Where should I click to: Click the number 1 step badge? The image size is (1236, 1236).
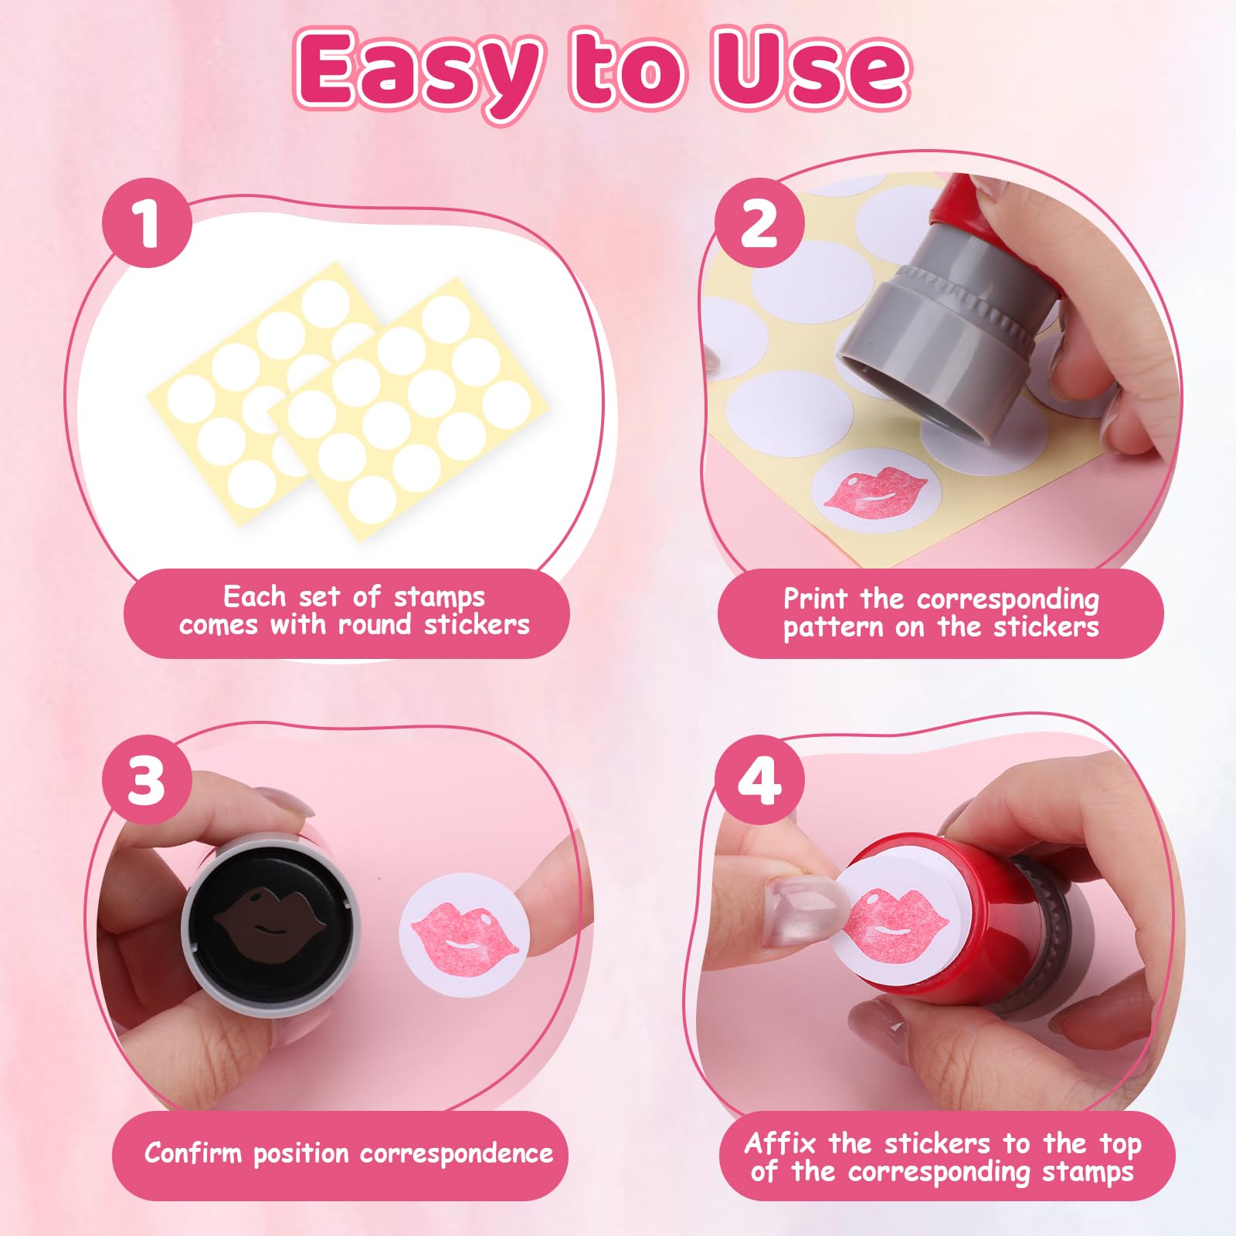(x=147, y=223)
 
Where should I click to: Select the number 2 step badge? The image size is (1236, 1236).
(x=759, y=223)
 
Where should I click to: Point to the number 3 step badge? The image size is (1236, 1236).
(x=147, y=779)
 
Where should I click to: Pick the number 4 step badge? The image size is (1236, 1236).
(x=759, y=779)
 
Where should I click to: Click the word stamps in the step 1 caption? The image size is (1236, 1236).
(x=439, y=598)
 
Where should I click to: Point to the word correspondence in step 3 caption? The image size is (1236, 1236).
(x=457, y=1154)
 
